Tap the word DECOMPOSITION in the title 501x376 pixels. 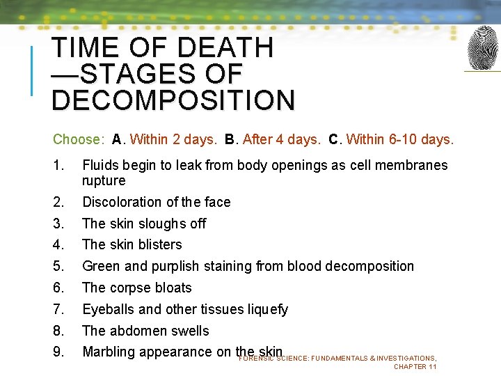(x=173, y=100)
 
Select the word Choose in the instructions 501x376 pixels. (x=77, y=139)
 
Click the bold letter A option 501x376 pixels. (x=116, y=139)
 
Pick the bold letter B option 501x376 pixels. (x=230, y=139)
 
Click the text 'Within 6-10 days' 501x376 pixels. (x=399, y=139)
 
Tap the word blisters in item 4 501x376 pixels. (x=159, y=245)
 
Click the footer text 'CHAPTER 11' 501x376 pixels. (x=415, y=366)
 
